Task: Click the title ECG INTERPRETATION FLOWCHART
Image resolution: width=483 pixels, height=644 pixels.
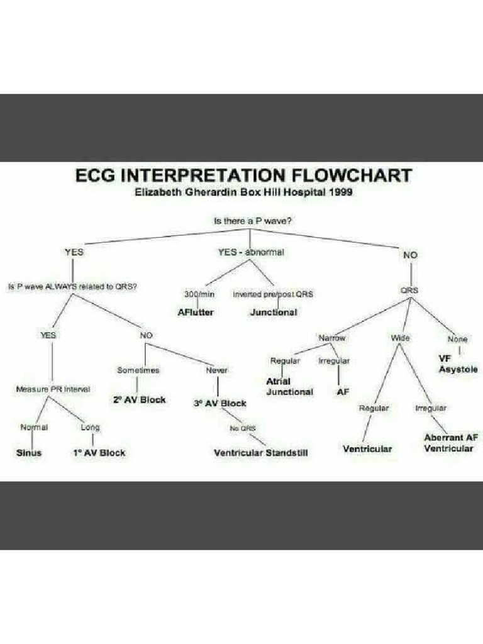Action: point(243,174)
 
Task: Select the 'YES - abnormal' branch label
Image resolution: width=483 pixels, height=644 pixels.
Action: point(251,252)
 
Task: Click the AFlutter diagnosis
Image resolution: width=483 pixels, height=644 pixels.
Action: point(196,312)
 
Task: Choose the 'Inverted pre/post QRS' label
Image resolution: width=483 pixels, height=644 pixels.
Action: point(273,294)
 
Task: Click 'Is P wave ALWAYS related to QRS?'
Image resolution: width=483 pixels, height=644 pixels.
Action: point(73,286)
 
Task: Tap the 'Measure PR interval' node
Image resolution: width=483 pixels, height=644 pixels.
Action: point(53,389)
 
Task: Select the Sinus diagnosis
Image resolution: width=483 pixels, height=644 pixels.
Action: point(29,453)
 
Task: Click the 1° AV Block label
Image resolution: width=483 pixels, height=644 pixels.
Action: point(99,453)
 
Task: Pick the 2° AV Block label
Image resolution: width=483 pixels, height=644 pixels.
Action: point(140,400)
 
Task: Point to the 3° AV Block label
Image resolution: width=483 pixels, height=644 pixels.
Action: point(220,403)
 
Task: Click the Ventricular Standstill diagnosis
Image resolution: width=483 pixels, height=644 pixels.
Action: point(261,453)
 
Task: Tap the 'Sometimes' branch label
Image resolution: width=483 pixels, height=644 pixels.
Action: point(138,370)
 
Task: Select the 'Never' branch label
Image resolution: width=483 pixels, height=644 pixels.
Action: point(217,370)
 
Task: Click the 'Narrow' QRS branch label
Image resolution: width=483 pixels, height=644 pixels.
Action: point(332,338)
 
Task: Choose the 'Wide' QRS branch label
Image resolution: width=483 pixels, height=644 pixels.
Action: point(401,338)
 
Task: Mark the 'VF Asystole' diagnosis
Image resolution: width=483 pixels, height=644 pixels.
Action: point(457,364)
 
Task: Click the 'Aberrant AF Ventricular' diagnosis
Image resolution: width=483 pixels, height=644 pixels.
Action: point(448,443)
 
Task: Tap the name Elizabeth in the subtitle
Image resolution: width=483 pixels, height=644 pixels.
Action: point(160,193)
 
